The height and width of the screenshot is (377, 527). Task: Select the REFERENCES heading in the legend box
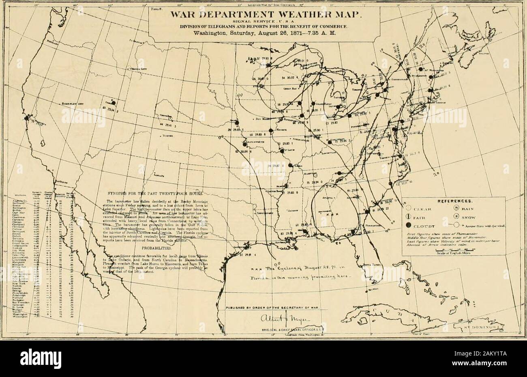pyautogui.click(x=454, y=200)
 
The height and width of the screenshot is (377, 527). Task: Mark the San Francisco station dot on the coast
pyautogui.click(x=26, y=118)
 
